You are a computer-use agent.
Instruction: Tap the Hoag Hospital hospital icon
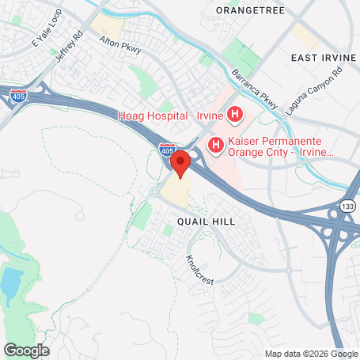coord(234,116)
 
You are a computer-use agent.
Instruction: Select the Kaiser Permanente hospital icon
coord(214,144)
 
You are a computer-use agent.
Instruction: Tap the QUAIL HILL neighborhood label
coord(206,222)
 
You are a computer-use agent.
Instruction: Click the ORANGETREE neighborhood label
coord(248,10)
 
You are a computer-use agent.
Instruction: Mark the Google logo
coord(26,350)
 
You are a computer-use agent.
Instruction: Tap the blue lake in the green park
coord(12,282)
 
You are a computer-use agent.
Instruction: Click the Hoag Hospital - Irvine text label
coord(170,116)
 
